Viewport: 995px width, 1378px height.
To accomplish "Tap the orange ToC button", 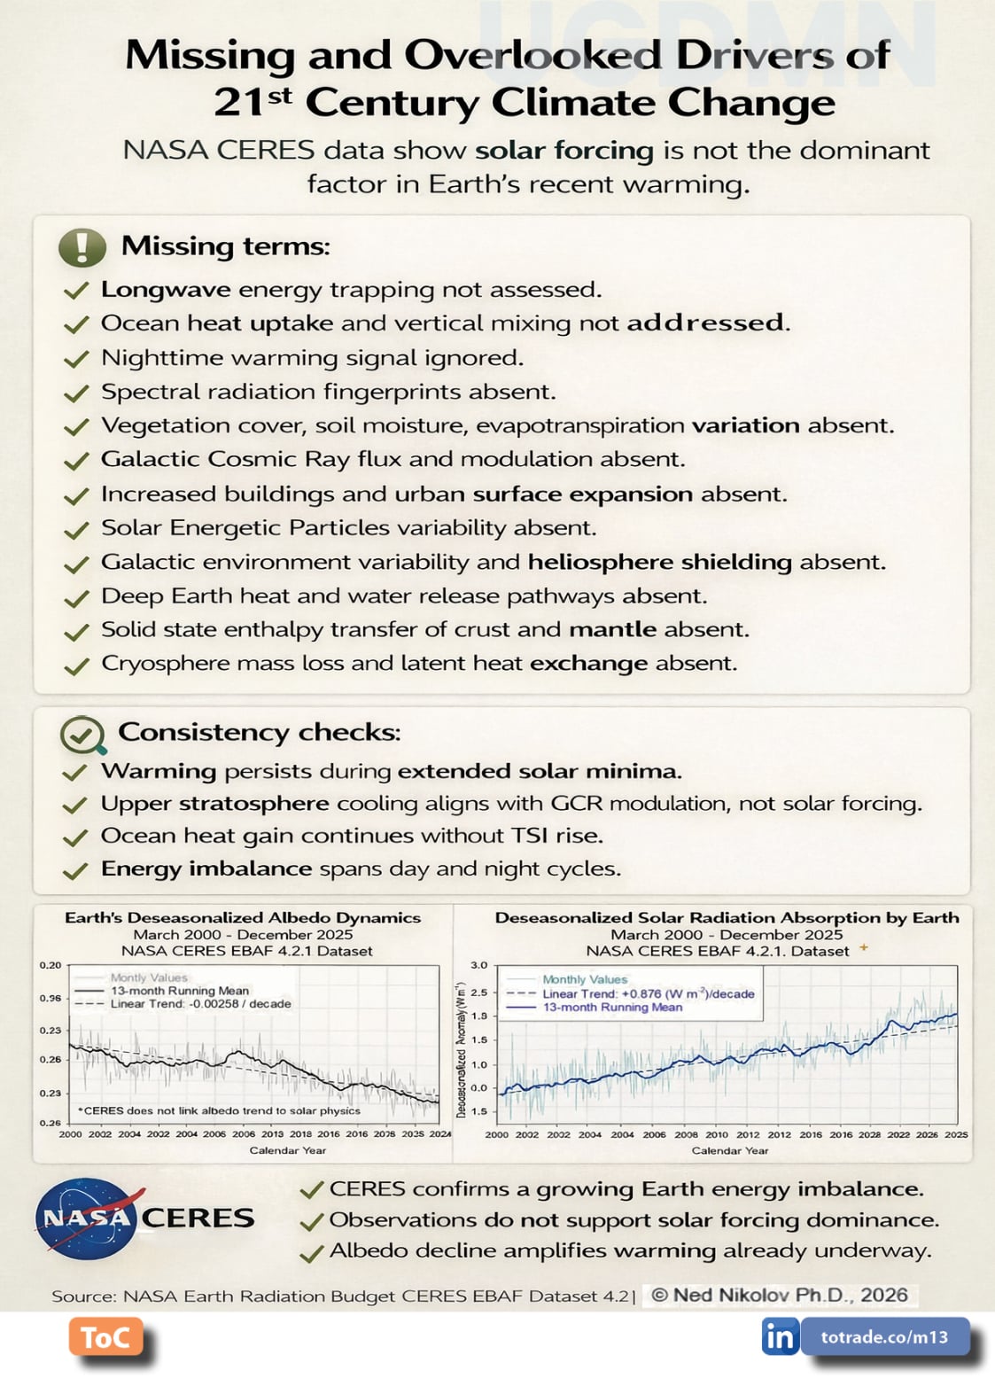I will (105, 1336).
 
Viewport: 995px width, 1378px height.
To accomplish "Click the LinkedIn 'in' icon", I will (780, 1336).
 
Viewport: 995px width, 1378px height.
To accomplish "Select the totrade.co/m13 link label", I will (883, 1336).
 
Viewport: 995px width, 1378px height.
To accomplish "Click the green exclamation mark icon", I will (82, 246).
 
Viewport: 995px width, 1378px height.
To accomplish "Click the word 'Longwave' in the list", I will (166, 290).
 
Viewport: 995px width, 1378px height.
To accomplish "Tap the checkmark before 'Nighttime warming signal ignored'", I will (77, 359).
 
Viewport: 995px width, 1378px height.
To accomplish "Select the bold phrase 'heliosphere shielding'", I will (659, 562).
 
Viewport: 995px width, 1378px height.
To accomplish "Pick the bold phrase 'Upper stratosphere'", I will (214, 804).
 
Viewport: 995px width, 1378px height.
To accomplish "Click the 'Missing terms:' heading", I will (225, 245).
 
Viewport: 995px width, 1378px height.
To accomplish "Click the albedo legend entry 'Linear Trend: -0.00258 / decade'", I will (200, 1004).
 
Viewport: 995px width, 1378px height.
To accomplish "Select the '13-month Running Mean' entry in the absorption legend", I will (612, 1008).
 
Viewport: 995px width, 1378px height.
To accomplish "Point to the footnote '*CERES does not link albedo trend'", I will (219, 1110).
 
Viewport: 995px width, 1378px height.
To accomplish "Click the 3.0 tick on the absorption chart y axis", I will (478, 965).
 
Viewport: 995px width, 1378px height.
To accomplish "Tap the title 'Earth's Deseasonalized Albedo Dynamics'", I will (243, 918).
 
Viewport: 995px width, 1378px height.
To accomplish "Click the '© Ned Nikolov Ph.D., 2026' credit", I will (780, 1295).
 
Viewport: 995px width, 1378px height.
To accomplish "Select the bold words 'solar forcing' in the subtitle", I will (564, 151).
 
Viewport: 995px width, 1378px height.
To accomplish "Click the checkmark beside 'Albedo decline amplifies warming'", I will (311, 1252).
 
